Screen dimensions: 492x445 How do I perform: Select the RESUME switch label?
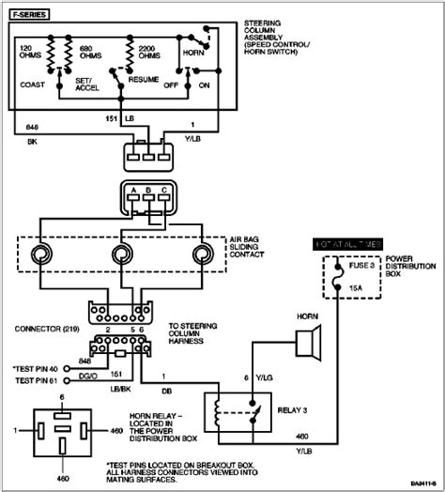click(x=130, y=84)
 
